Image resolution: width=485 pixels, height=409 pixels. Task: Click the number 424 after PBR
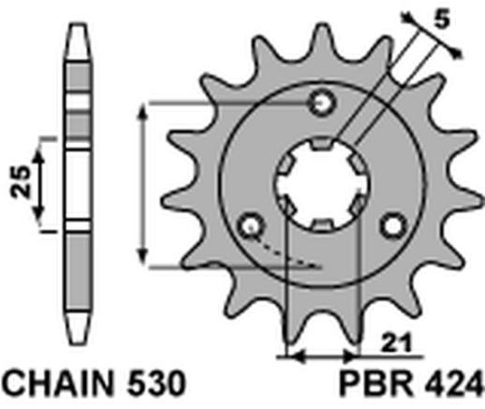(448, 385)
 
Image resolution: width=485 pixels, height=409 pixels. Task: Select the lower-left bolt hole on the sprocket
(249, 225)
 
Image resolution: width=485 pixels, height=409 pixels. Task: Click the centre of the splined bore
(322, 183)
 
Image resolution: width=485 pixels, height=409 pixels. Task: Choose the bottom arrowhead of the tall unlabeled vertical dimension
(142, 256)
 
